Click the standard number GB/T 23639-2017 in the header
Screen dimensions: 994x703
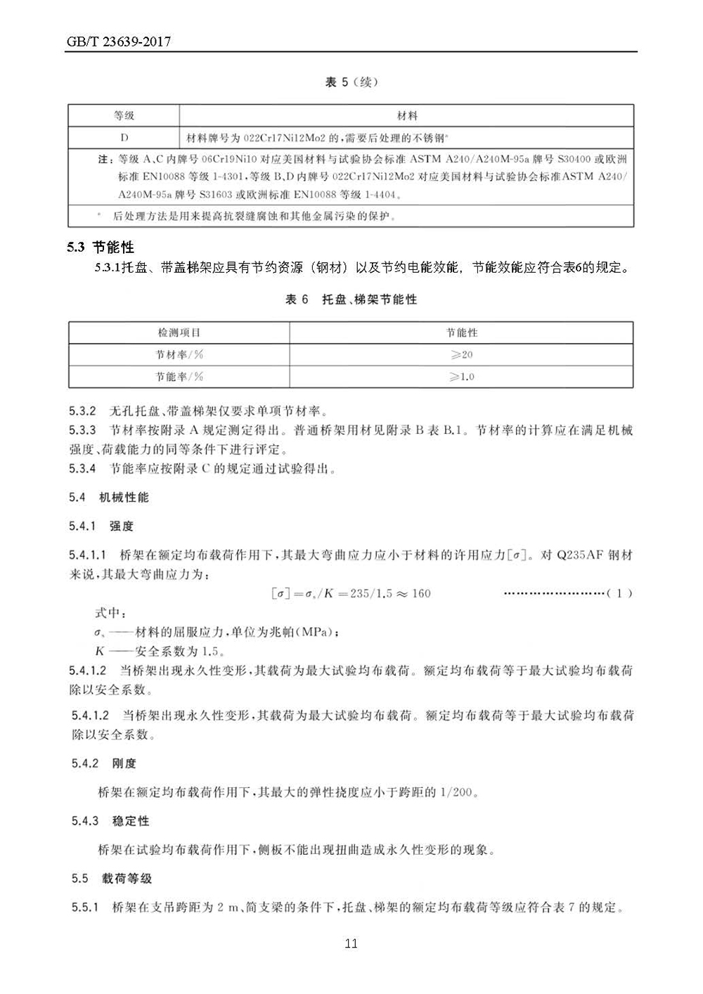[119, 42]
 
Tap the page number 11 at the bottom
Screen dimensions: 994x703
[351, 943]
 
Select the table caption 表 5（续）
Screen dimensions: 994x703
[351, 82]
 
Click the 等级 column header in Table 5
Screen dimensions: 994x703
[124, 115]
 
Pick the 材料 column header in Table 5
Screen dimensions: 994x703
[407, 115]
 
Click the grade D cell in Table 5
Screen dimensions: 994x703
[124, 137]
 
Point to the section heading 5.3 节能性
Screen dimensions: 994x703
[101, 247]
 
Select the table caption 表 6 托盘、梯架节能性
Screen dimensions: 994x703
[351, 299]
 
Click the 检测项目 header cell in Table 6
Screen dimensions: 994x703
[179, 333]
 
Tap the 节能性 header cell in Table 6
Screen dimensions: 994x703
[461, 333]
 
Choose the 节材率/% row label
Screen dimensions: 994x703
[179, 354]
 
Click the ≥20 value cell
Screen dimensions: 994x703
[461, 354]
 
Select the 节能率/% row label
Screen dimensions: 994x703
[179, 376]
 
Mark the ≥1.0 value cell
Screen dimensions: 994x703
[461, 376]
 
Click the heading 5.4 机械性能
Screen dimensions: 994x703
[109, 498]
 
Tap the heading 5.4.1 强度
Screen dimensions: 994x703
[102, 526]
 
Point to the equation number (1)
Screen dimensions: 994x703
[619, 593]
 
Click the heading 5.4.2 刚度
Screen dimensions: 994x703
[104, 763]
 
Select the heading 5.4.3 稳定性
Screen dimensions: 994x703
[110, 821]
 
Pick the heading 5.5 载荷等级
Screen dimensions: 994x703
[112, 879]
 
